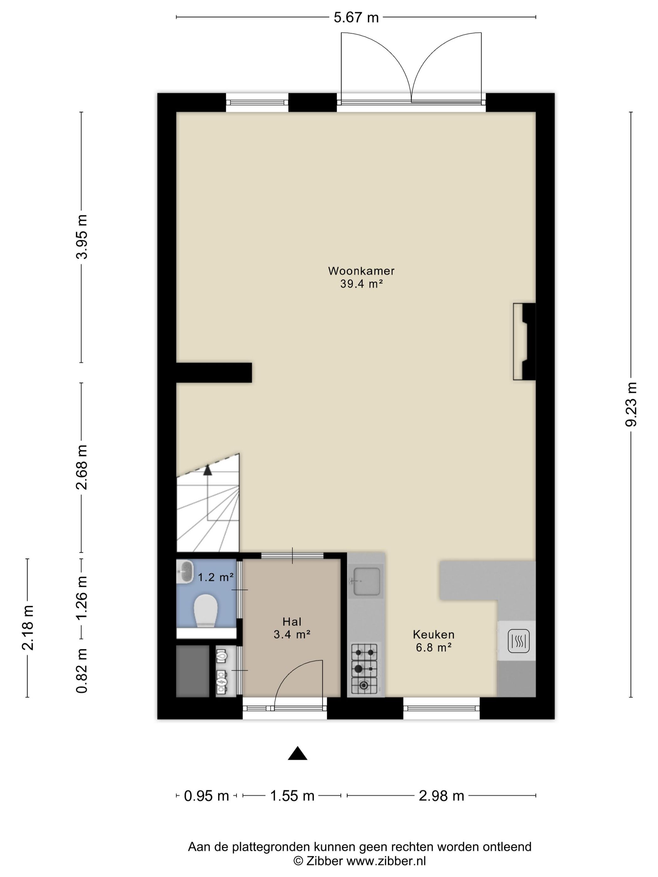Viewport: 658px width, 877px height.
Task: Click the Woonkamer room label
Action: point(361,271)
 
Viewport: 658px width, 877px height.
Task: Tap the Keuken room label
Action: point(434,634)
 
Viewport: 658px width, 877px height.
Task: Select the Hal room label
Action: point(292,621)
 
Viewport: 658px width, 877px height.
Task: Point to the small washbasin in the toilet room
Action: point(185,571)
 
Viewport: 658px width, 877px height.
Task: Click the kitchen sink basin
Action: point(366,582)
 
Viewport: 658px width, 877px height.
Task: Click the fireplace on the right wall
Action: point(524,342)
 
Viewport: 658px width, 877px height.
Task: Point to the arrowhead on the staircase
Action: point(207,470)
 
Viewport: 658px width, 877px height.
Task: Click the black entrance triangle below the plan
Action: point(297,753)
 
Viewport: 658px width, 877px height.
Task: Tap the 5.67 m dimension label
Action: point(356,18)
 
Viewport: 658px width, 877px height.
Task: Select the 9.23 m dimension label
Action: point(631,404)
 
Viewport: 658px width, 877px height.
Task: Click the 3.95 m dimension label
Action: point(82,237)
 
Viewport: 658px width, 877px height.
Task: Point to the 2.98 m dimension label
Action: point(441,795)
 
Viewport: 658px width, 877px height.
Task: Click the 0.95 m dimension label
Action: point(206,795)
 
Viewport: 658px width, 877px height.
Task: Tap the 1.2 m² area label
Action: point(215,577)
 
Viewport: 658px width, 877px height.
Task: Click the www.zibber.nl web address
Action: point(386,861)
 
